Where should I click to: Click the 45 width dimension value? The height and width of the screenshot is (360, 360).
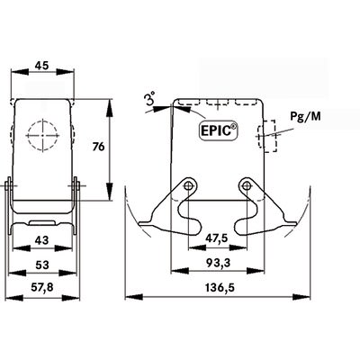point(42,65)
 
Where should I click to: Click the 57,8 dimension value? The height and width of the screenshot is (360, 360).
point(42,287)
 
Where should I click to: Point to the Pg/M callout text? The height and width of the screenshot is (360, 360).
point(301,118)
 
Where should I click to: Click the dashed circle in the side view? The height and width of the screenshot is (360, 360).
point(41,135)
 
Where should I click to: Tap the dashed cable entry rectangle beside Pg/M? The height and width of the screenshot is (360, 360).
point(263,137)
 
